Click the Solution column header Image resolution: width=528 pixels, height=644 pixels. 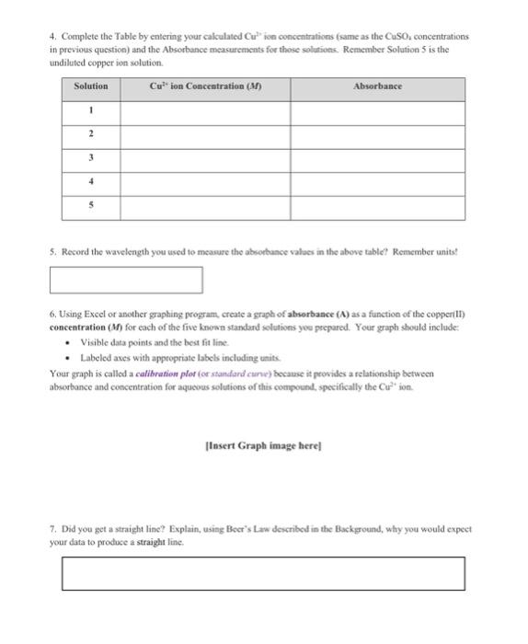pos(90,86)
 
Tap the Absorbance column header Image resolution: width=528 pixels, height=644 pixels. pos(377,86)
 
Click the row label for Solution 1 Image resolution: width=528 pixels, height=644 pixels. pos(90,110)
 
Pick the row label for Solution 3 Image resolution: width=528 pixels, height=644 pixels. pos(90,157)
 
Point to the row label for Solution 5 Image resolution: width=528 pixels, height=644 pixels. pos(90,206)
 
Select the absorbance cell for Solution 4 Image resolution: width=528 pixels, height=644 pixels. pos(377,182)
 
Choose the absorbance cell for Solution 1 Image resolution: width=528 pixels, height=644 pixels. pos(377,110)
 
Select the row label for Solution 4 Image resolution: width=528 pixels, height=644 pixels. pos(90,182)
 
